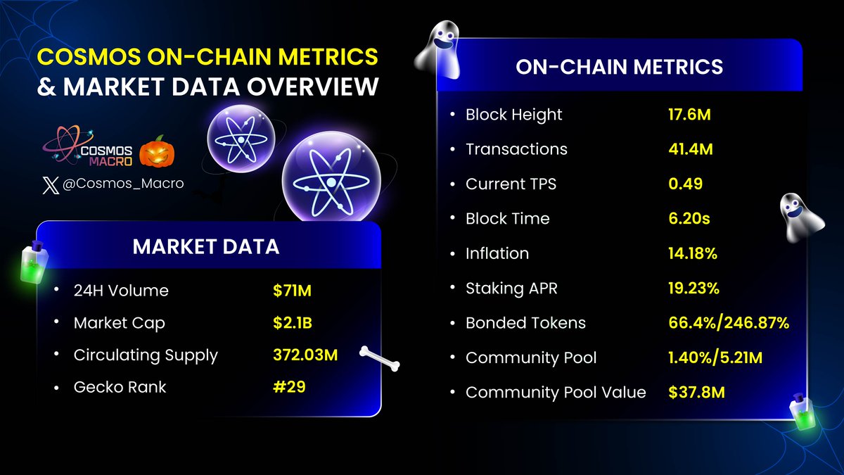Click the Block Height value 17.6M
(x=689, y=115)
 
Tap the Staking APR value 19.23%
(x=693, y=288)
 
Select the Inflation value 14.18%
(x=693, y=253)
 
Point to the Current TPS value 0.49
(x=685, y=184)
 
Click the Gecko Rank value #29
(x=289, y=386)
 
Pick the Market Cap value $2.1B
(x=293, y=323)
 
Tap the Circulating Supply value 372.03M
(x=305, y=355)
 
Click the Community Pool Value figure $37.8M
(x=696, y=392)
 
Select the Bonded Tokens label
(x=525, y=323)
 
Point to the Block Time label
(x=507, y=219)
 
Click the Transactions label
(x=516, y=149)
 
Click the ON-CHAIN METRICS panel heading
(x=619, y=67)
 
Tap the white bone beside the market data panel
(x=380, y=357)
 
